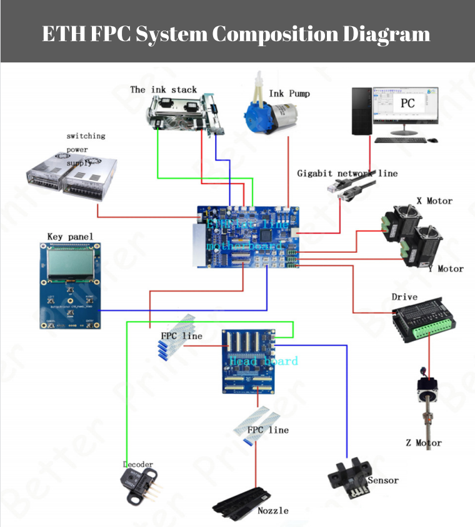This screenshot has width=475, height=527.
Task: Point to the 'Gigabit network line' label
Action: click(x=347, y=173)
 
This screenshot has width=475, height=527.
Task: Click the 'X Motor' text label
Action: click(x=434, y=201)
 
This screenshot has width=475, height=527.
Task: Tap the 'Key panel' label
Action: click(x=70, y=237)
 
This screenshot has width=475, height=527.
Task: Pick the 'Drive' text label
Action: click(x=404, y=297)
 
